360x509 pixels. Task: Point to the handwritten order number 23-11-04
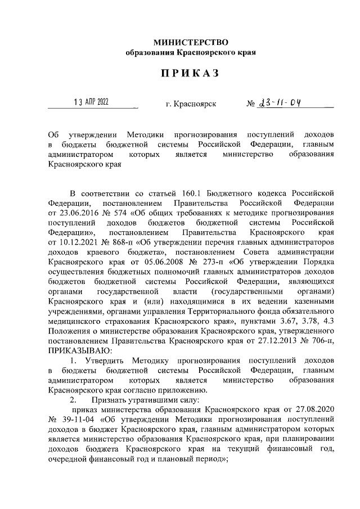281,103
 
